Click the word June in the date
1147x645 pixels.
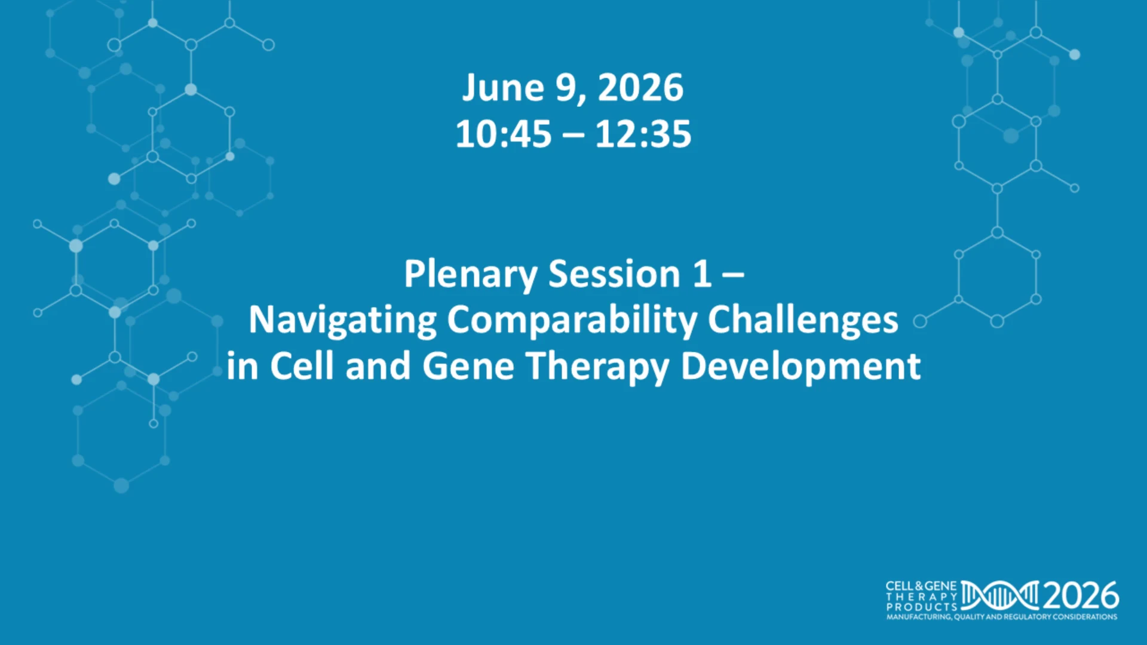click(x=503, y=88)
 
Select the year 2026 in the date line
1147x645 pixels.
click(x=640, y=88)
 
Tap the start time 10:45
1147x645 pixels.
click(x=503, y=134)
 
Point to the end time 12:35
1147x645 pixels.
click(x=643, y=134)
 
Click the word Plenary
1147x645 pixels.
click(x=470, y=275)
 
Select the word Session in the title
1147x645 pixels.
click(x=614, y=274)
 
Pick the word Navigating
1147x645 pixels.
click(x=342, y=321)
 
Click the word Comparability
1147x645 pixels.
click(x=572, y=321)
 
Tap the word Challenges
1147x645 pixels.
click(x=803, y=321)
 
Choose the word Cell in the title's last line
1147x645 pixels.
click(x=302, y=366)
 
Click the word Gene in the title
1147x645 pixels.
click(x=468, y=367)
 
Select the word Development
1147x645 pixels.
click(x=801, y=367)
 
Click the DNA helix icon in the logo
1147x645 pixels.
click(x=1000, y=595)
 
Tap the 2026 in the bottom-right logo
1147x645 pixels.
click(x=1081, y=595)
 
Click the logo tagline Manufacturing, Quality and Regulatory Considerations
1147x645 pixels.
click(x=1002, y=617)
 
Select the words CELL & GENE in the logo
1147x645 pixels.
click(x=921, y=586)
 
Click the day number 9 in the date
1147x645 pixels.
click(x=568, y=88)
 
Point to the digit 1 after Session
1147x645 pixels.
click(x=702, y=274)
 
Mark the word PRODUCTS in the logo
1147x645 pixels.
click(x=922, y=607)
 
